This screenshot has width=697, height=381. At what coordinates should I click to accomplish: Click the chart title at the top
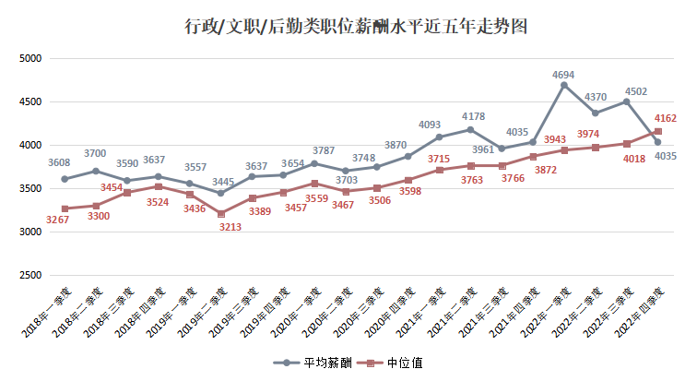(356, 26)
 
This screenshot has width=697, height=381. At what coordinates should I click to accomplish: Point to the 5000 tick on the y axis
(31, 58)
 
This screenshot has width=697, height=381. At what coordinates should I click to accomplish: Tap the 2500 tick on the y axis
(31, 276)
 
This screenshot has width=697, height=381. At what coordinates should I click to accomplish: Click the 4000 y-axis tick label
(31, 145)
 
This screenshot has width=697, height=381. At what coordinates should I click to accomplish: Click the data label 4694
(564, 73)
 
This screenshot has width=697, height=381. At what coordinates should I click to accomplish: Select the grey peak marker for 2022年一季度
(564, 85)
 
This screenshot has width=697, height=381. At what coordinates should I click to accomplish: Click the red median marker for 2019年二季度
(220, 214)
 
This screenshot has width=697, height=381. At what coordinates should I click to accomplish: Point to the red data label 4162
(666, 118)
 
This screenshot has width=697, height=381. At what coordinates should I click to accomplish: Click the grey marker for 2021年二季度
(470, 129)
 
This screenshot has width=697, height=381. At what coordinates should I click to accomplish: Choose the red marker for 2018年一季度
(65, 208)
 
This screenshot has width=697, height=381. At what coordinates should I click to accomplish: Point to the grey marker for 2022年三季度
(627, 101)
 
